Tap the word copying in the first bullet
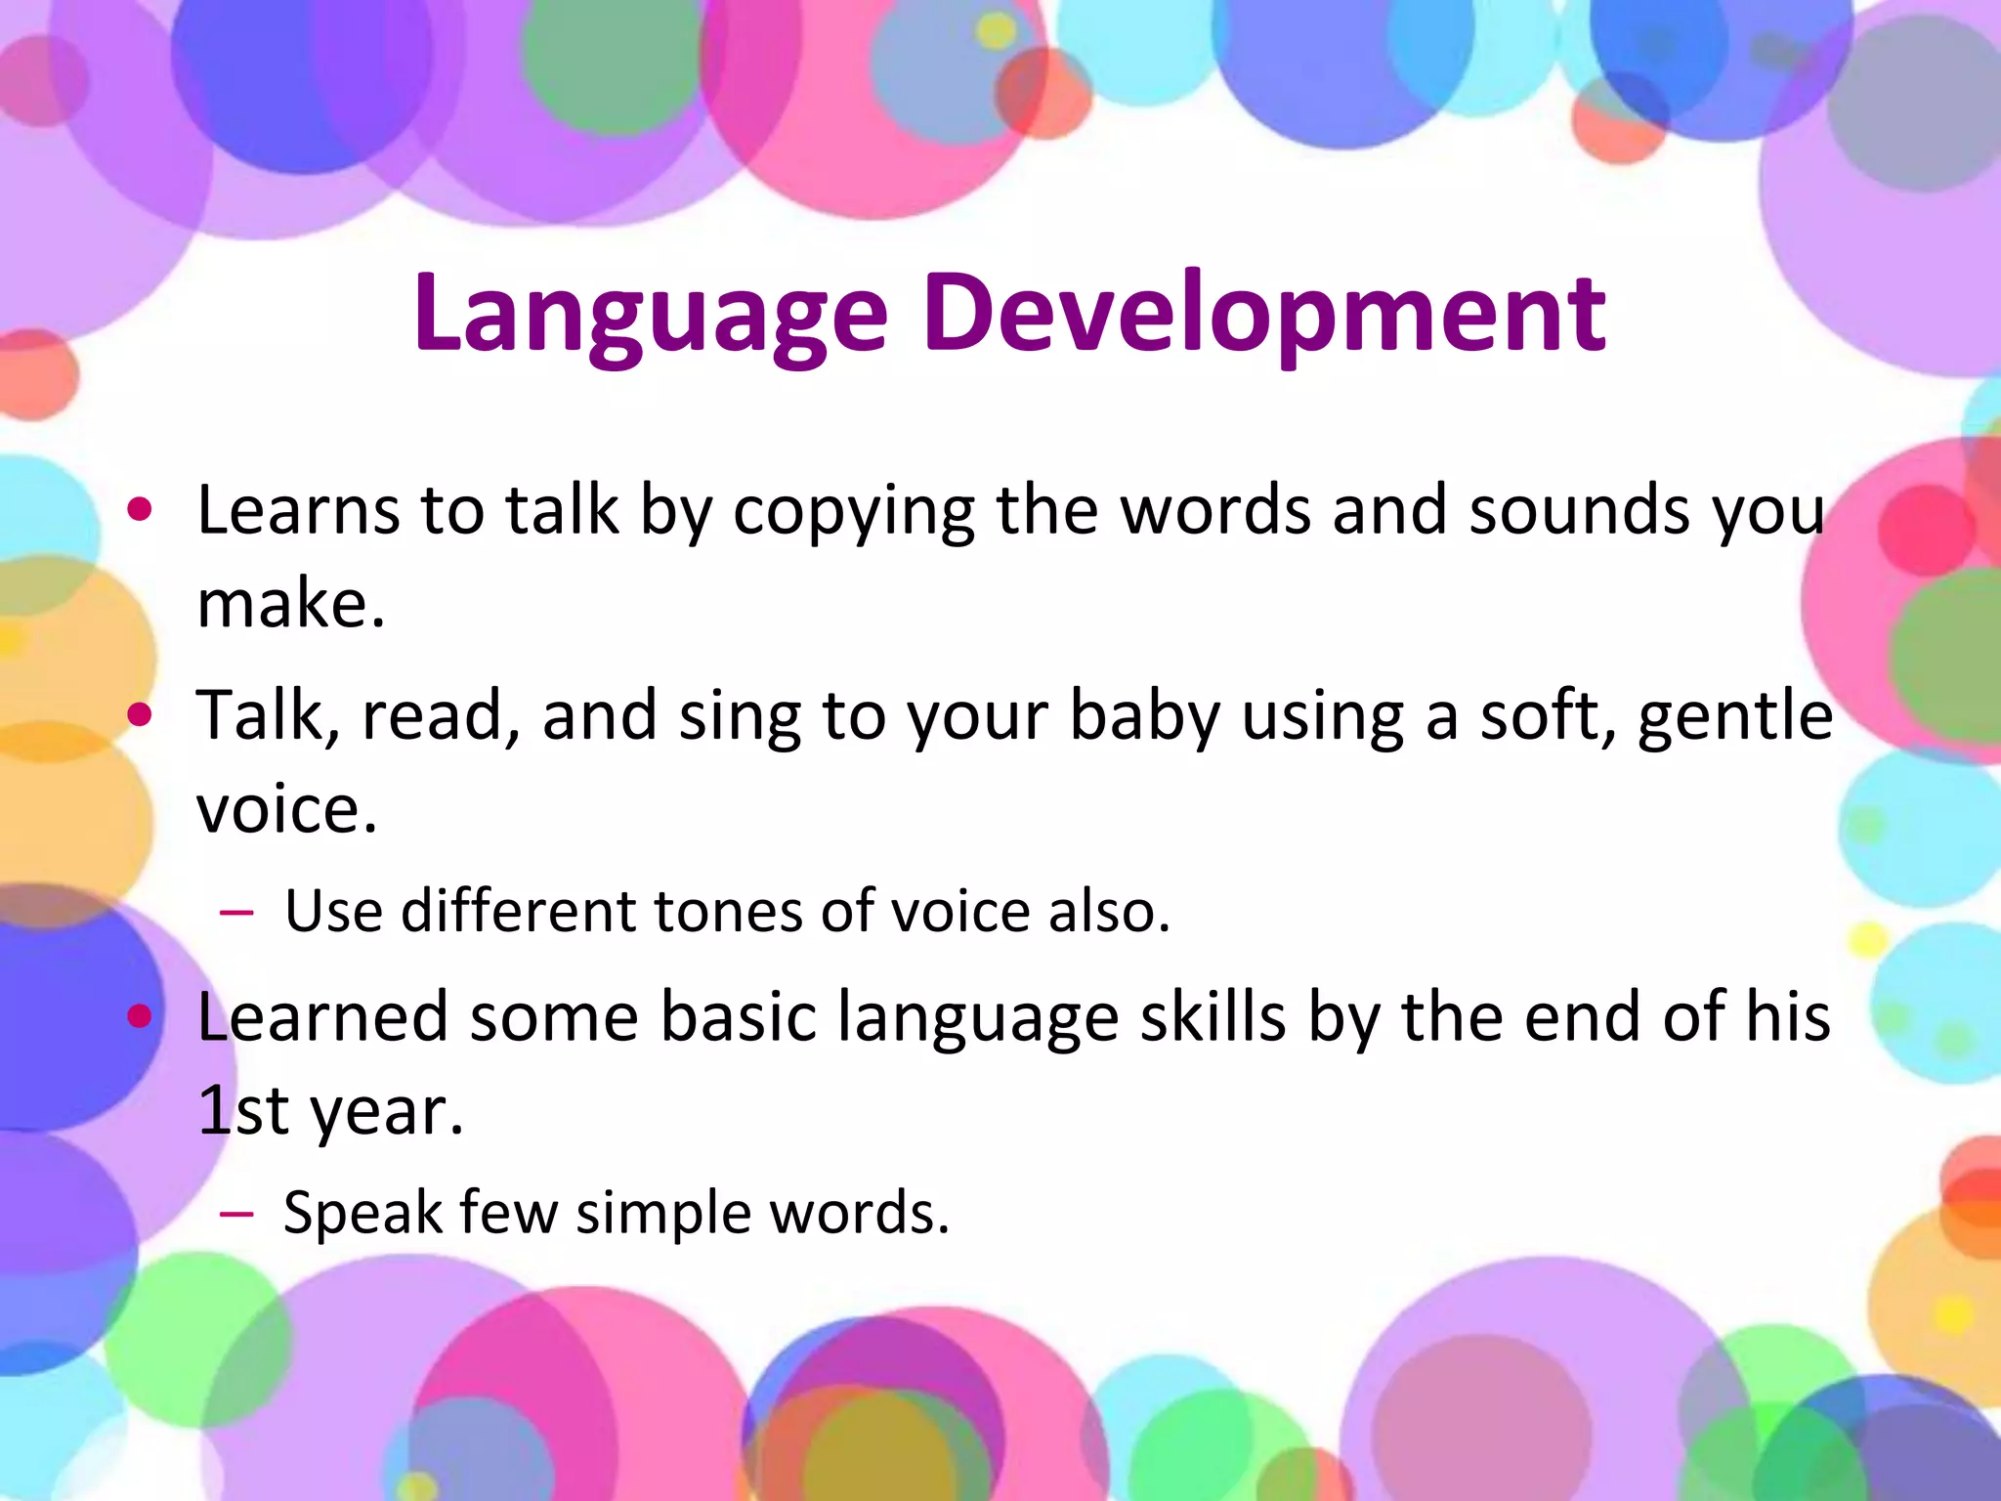click(x=853, y=512)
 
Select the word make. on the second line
click(x=291, y=603)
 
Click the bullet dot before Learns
click(x=141, y=509)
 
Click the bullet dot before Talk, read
click(x=141, y=715)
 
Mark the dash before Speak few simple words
click(x=236, y=1215)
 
